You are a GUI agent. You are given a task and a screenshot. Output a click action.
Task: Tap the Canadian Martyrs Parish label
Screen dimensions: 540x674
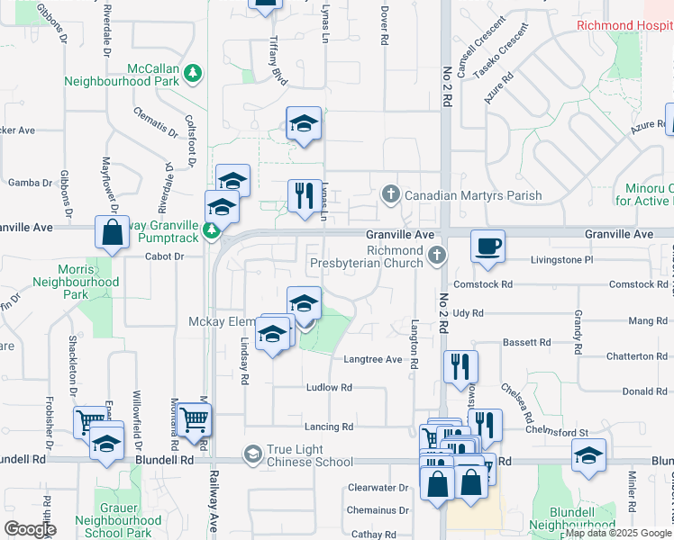473,195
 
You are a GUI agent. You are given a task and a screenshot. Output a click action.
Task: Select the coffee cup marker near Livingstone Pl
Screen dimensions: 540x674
487,247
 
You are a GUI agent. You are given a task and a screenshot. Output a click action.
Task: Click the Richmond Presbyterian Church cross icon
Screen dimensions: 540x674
437,256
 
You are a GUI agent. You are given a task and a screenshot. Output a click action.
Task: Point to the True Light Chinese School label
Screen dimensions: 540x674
309,455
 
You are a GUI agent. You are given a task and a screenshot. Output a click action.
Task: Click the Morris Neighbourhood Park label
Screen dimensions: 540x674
76,282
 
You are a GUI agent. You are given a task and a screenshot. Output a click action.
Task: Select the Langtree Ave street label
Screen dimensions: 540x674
372,359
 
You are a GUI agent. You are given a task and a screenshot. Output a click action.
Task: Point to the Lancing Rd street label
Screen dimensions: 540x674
329,427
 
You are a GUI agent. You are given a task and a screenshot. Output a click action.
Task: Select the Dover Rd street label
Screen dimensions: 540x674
384,27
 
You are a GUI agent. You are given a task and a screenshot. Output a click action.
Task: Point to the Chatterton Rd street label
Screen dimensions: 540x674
637,356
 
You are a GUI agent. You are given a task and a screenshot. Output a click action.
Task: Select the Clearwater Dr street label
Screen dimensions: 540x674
378,488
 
